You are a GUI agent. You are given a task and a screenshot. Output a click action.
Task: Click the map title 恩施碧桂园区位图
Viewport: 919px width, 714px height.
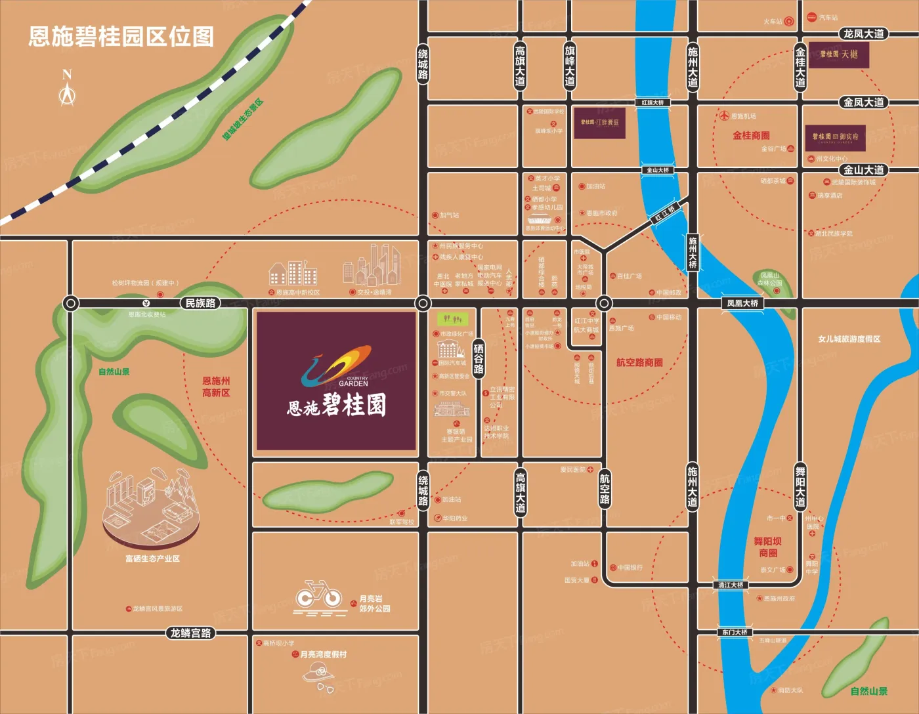(121, 37)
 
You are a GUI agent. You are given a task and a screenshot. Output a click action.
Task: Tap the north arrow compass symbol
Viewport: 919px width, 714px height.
(67, 89)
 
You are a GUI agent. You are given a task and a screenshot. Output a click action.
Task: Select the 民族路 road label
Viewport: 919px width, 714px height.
(200, 303)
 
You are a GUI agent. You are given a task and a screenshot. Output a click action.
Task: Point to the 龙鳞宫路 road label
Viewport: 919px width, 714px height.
(190, 633)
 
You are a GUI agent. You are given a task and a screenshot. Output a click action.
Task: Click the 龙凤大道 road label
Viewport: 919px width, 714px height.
(863, 34)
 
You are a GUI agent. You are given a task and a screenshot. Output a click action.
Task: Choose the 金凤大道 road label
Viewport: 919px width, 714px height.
(863, 102)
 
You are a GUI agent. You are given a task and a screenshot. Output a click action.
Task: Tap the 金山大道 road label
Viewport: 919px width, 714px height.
(863, 170)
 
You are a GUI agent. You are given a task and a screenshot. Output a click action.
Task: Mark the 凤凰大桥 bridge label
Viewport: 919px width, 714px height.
(742, 303)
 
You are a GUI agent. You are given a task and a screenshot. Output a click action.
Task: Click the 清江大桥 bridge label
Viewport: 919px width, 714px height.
(731, 585)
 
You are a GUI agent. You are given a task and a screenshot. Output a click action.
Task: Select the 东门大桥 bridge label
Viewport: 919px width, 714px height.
(735, 632)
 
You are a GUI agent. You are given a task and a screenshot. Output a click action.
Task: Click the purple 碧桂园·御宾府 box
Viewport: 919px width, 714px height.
(835, 137)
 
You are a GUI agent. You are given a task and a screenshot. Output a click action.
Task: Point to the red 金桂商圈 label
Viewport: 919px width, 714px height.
(751, 136)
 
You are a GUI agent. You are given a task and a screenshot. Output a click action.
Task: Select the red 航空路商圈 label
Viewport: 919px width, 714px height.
(639, 362)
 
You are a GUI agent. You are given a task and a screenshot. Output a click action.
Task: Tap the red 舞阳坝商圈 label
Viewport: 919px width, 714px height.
(767, 547)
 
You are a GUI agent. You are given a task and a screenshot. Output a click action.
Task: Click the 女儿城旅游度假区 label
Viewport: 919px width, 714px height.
(849, 339)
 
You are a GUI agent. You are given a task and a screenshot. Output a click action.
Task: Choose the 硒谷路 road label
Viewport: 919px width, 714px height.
(479, 359)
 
